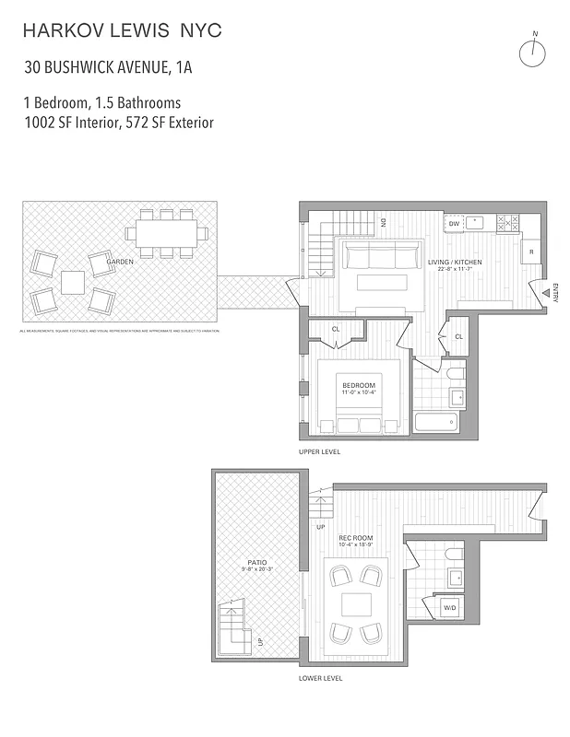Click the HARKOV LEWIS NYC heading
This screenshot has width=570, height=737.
(123, 31)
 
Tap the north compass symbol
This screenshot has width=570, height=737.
(533, 53)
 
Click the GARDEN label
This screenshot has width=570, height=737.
(120, 262)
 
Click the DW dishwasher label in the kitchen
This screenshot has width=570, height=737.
(454, 224)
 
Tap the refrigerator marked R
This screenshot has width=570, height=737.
(531, 251)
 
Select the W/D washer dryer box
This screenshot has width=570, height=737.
(450, 608)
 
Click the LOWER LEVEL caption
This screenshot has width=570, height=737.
(320, 677)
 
